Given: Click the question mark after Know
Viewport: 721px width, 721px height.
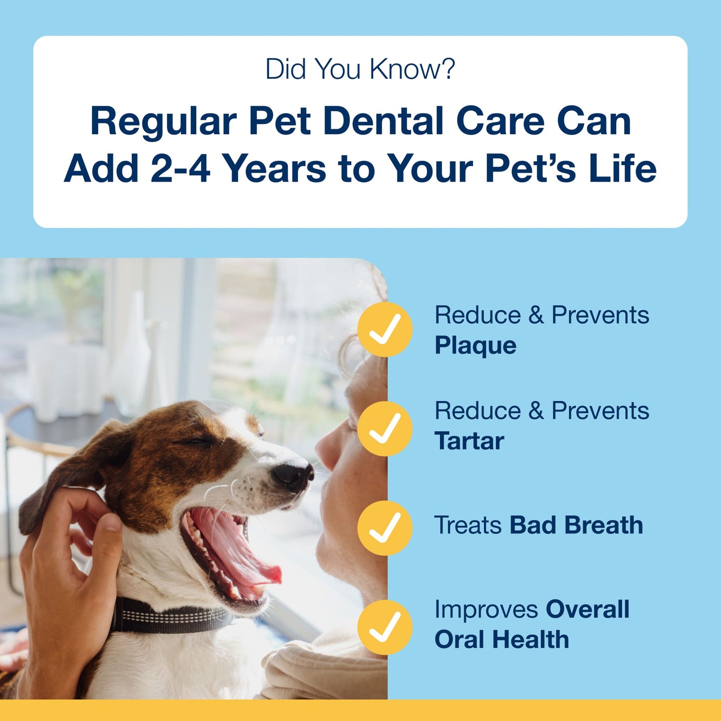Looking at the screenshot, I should (x=448, y=69).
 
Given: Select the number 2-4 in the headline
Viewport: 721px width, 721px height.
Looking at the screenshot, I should (x=180, y=168).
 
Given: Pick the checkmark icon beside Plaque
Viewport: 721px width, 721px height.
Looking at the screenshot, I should (x=385, y=329).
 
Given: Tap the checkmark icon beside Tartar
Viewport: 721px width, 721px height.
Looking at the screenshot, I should (x=385, y=429).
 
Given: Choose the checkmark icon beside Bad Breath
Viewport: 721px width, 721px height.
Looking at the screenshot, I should (x=385, y=528).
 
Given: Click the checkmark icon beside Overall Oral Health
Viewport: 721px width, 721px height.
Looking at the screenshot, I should (x=385, y=627).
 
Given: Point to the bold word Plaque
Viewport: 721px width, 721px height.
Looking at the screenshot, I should (x=475, y=346).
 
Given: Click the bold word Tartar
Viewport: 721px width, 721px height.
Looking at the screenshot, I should (x=469, y=441).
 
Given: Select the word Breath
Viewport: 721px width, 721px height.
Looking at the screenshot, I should (x=604, y=525).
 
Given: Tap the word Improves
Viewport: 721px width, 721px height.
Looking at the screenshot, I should (x=486, y=610).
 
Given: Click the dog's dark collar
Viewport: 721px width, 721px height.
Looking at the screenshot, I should (x=170, y=617).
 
